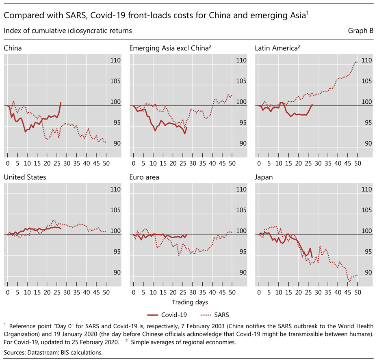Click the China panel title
pyautogui.click(x=13, y=48)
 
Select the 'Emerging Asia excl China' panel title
pyautogui.click(x=170, y=48)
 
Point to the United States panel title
pyautogui.click(x=25, y=177)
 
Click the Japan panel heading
pyautogui.click(x=264, y=177)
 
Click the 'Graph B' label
pyautogui.click(x=361, y=31)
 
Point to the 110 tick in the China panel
pyautogui.click(x=115, y=61)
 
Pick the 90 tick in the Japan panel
pyautogui.click(x=367, y=272)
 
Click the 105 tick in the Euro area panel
pyautogui.click(x=241, y=210)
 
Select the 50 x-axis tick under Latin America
pyautogui.click(x=357, y=163)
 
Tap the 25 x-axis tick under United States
pyautogui.click(x=56, y=292)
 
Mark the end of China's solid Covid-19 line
pyautogui.click(x=61, y=103)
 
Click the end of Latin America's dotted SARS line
pyautogui.click(x=357, y=62)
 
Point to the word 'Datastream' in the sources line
pyautogui.click(x=41, y=352)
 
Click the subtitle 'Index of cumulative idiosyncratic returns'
pyautogui.click(x=68, y=31)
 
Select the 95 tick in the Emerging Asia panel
pyautogui.click(x=241, y=122)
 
